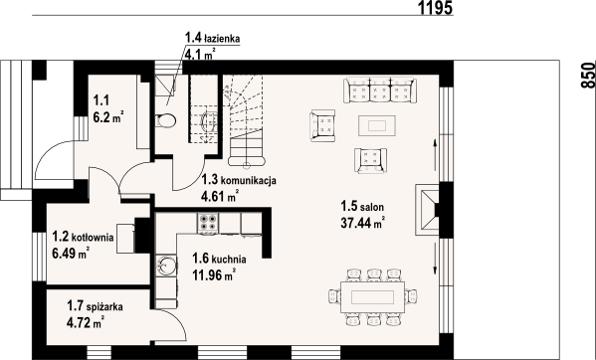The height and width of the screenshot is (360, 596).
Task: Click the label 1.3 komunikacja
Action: [238, 180]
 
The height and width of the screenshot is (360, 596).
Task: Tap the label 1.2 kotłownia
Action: [84, 238]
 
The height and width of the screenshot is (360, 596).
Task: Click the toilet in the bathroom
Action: [166, 120]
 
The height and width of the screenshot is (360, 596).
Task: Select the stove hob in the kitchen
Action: [208, 225]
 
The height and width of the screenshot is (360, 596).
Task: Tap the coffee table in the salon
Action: [375, 124]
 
